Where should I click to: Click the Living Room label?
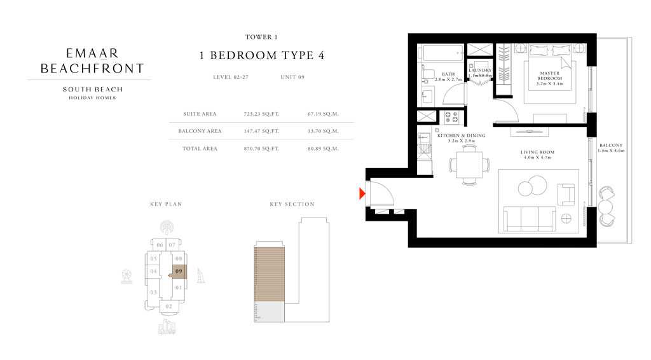[537, 155]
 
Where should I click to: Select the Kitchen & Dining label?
[461, 138]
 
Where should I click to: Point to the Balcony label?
[611, 148]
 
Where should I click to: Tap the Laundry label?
[480, 72]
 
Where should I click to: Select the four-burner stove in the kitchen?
[451, 117]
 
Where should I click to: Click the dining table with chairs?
[469, 165]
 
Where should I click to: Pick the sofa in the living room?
[530, 219]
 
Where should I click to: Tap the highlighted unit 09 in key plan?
[179, 271]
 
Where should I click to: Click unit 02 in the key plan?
[168, 306]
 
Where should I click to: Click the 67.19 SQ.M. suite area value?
[322, 114]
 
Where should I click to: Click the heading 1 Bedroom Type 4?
[262, 55]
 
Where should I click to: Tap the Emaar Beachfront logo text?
[92, 61]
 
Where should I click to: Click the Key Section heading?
[292, 204]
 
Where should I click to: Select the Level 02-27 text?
[231, 77]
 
